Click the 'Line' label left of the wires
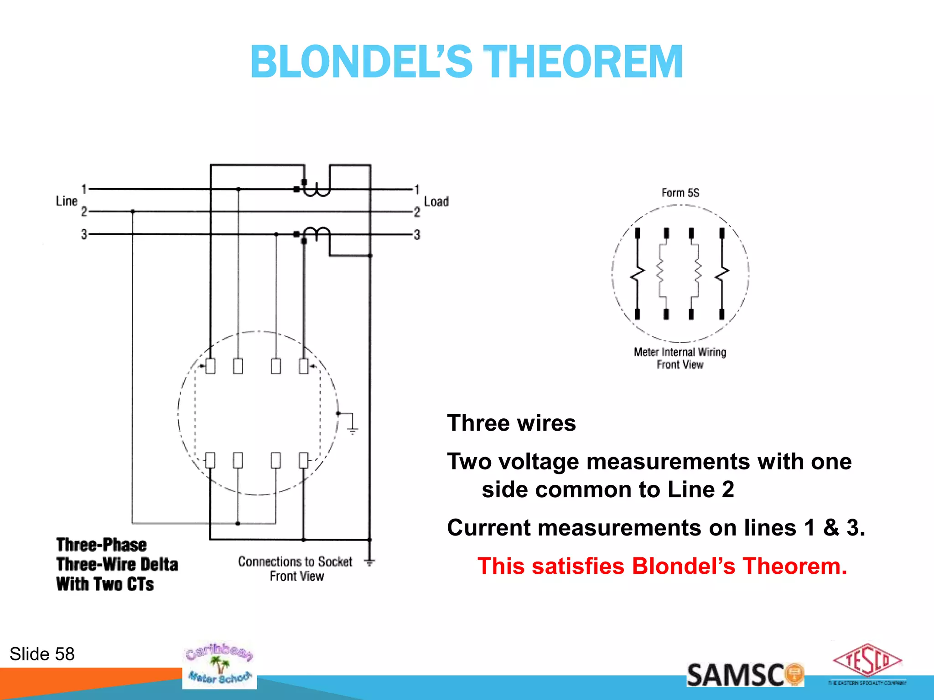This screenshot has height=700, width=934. click(x=67, y=201)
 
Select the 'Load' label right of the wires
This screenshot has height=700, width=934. click(x=436, y=201)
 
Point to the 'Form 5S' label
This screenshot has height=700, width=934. click(x=680, y=192)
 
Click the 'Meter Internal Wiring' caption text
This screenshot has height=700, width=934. click(x=680, y=352)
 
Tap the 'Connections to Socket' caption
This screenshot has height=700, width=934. click(x=295, y=561)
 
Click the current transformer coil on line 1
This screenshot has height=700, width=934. click(x=317, y=189)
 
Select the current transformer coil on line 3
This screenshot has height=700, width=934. click(x=317, y=233)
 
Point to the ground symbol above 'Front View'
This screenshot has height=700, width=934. click(x=369, y=562)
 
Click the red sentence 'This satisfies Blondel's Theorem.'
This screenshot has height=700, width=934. click(x=662, y=566)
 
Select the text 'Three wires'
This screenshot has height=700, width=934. click(x=511, y=423)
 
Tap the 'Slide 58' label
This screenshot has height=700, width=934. click(x=42, y=654)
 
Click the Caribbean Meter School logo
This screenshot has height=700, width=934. click(x=219, y=665)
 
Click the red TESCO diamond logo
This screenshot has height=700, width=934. click(x=867, y=661)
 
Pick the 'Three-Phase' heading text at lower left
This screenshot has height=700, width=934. click(x=101, y=545)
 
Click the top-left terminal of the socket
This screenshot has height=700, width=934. click(x=210, y=366)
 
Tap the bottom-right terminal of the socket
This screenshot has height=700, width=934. click(x=303, y=460)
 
